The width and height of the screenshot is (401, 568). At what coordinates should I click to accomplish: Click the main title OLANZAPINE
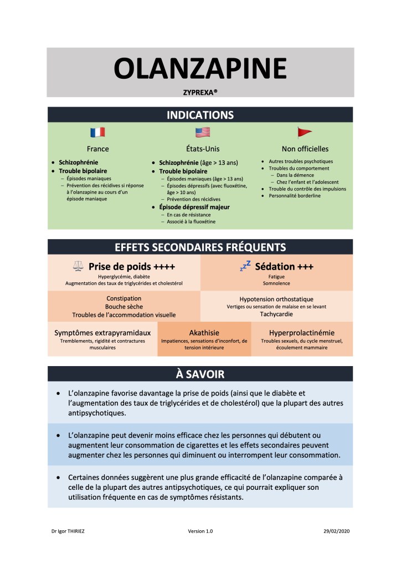coord(200,68)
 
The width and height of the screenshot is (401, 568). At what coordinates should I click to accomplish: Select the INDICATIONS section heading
coord(200,115)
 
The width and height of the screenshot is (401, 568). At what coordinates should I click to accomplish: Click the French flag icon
coord(97,132)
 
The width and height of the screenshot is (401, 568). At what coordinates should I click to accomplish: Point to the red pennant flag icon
coord(305,132)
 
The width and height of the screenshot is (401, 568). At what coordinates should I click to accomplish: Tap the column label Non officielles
coord(305,149)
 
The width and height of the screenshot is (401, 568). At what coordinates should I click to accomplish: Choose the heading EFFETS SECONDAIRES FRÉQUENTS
coord(200,247)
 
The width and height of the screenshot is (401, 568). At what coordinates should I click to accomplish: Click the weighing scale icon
coord(78,267)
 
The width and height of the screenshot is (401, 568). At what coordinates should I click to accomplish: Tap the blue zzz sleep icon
coord(245,266)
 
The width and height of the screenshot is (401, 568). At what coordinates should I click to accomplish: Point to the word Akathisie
coord(204,333)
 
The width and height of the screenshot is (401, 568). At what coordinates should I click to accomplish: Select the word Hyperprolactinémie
coord(302,333)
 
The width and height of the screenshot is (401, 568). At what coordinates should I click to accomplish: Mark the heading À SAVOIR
coord(200,374)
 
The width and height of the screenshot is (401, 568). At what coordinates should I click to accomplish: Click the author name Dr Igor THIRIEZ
coord(68,531)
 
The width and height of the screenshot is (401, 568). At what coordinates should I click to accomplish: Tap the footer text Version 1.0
coord(200,531)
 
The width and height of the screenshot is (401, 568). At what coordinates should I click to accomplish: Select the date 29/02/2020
coord(336,531)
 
